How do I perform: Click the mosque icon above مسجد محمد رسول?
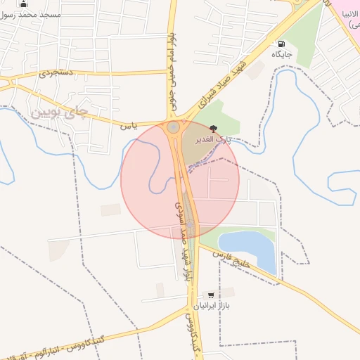click(24, 4)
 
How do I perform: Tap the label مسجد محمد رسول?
click(32, 15)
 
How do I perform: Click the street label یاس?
click(127, 127)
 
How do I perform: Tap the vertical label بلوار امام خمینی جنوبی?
click(172, 73)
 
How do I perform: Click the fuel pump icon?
click(282, 44)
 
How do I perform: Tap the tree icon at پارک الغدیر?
click(213, 128)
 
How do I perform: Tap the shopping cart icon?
click(210, 295)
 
